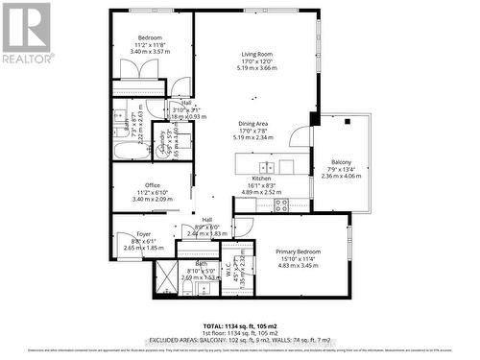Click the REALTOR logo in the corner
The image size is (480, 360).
(27, 34)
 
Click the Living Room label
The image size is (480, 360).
(258, 55)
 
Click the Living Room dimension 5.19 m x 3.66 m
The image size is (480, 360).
(258, 68)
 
